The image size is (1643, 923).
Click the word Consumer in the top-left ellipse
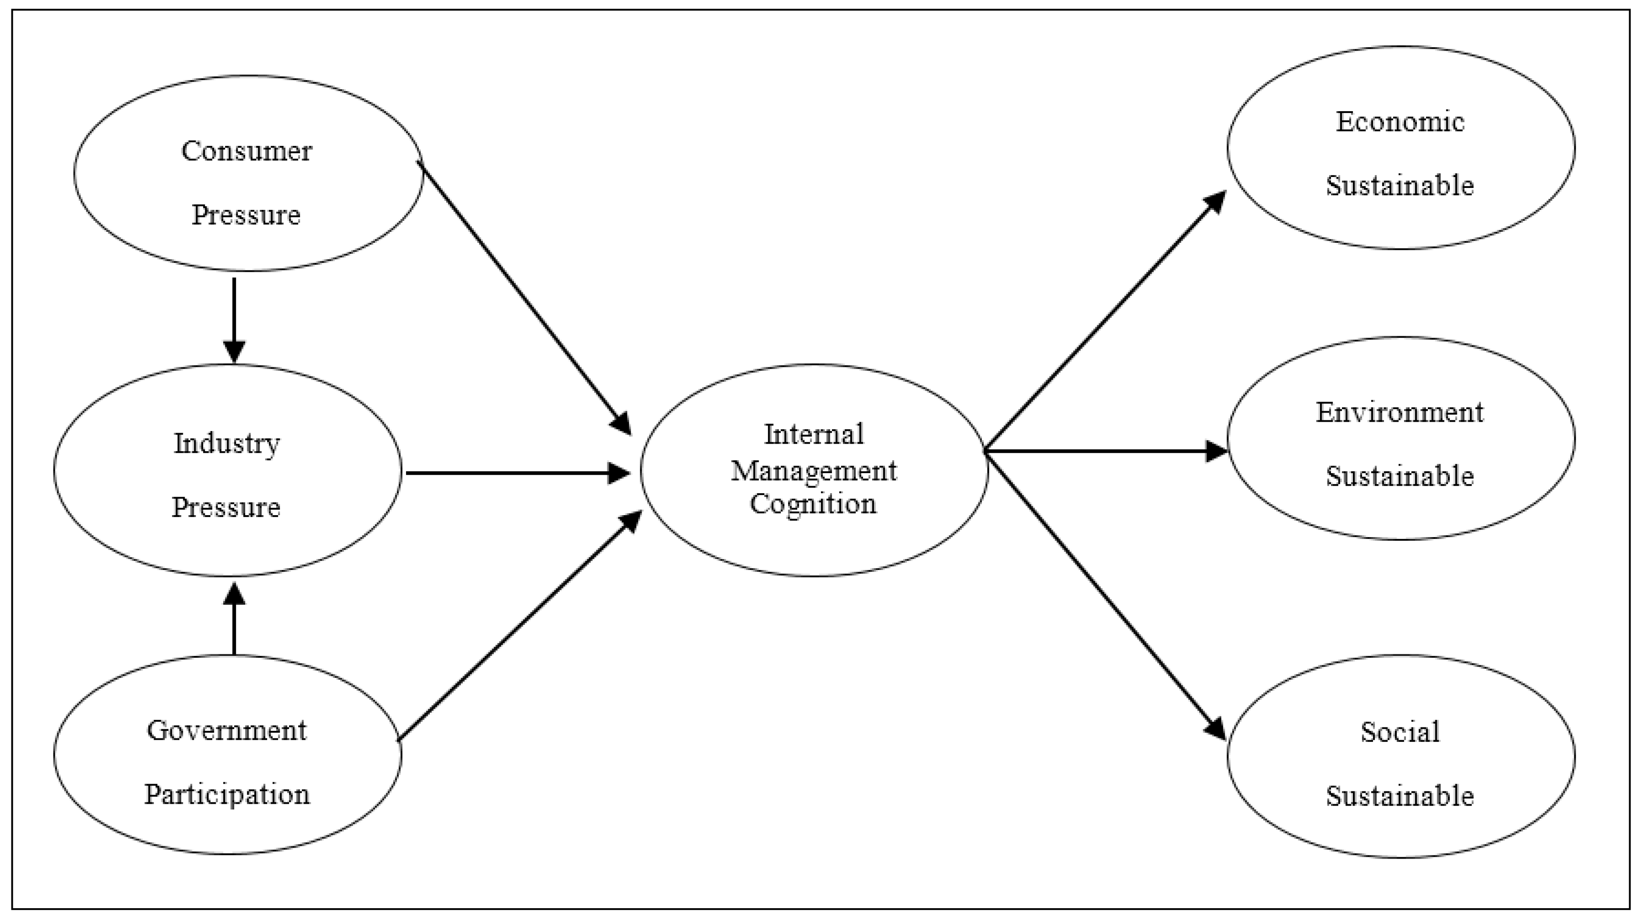pyautogui.click(x=246, y=152)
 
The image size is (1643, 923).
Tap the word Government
pyautogui.click(x=227, y=731)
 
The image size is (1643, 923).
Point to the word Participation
pyautogui.click(x=227, y=795)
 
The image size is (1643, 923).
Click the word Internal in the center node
pyautogui.click(x=814, y=435)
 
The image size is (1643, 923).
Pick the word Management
pyautogui.click(x=814, y=471)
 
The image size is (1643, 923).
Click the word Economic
pyautogui.click(x=1400, y=122)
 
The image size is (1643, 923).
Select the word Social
pyautogui.click(x=1400, y=732)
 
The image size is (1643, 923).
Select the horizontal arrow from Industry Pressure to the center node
pyautogui.click(x=510, y=473)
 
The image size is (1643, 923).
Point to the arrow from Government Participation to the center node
pyautogui.click(x=517, y=628)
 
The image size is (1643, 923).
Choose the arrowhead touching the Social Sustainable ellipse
pyautogui.click(x=1216, y=728)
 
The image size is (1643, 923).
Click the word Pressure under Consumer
pyautogui.click(x=246, y=216)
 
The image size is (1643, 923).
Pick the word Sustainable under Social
pyautogui.click(x=1400, y=797)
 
